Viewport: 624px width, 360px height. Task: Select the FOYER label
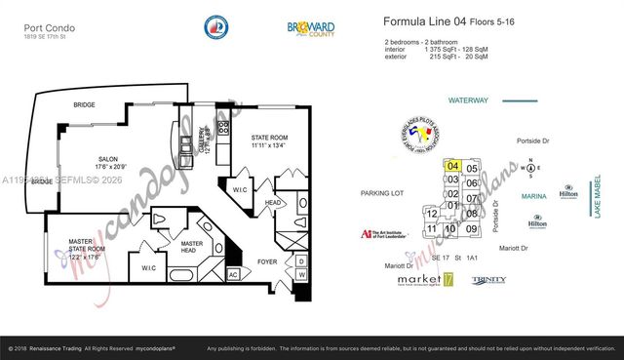266,260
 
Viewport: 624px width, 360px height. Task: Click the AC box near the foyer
232,274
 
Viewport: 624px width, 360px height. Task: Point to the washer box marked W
300,275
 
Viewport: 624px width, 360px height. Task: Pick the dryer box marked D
300,260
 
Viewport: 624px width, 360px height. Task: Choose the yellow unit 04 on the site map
452,167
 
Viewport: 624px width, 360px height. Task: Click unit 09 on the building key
471,228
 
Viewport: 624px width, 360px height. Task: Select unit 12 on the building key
431,213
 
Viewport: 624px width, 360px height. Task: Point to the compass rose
530,168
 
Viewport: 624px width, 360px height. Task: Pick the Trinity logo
488,280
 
